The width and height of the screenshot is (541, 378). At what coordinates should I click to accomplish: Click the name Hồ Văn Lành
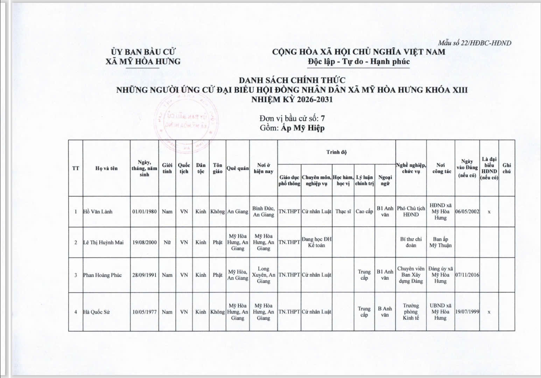point(98,212)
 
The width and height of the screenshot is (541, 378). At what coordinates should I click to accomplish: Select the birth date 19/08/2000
point(144,242)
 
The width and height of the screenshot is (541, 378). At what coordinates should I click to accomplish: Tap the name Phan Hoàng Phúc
point(102,275)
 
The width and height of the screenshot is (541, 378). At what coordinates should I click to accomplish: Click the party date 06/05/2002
point(467,212)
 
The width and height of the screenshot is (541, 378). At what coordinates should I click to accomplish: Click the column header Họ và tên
point(106,168)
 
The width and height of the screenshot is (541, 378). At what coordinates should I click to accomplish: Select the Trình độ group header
point(336,152)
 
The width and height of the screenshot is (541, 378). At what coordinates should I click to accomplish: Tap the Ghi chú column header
point(506,168)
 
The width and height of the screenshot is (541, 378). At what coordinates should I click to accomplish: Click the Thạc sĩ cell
point(343,212)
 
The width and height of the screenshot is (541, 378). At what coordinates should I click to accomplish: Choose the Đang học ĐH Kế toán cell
point(316,242)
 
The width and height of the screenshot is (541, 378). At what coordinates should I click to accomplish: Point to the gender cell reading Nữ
point(167,242)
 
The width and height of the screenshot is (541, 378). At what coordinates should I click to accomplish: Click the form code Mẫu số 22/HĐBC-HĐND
point(475,43)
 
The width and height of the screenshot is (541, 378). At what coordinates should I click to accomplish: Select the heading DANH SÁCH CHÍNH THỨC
point(292,80)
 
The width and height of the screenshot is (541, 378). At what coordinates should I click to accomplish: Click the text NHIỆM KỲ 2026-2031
point(292,99)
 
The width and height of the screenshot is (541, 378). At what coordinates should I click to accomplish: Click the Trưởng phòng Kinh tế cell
point(411,312)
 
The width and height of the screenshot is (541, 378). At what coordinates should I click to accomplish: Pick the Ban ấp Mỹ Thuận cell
point(440,242)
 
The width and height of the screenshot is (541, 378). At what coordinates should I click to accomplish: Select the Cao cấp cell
point(364,212)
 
